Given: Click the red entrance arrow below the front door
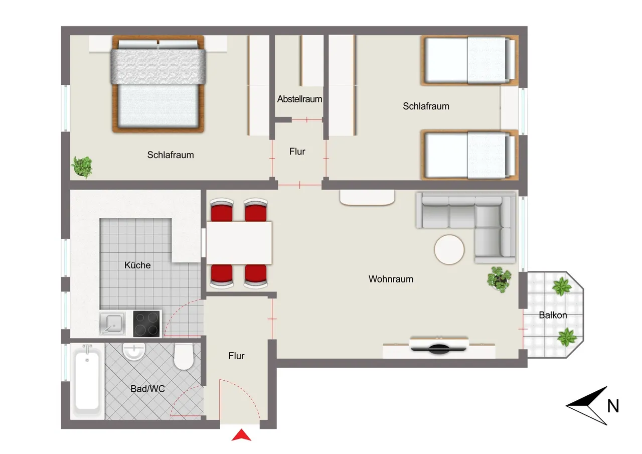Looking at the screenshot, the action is pos(241,435).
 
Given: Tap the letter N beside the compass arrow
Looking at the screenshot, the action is pos(613,406).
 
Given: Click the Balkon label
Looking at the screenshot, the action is pos(553,315).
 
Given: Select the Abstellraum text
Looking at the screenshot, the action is pos(299,99).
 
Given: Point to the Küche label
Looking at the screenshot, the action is pos(137,265).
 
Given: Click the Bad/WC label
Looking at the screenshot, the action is pos(147,389).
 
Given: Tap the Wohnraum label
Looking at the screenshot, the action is pos(391,279).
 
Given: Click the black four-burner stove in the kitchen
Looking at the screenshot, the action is pos(147,323).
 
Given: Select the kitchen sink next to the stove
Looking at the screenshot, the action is pos(112,323).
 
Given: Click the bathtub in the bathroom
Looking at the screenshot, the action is pos(87,381).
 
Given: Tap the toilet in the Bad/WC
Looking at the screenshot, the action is pos(184,357).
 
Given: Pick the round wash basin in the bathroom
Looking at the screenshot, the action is pos(134,351).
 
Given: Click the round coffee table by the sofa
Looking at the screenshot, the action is pos(449,250).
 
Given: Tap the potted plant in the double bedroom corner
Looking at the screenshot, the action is pos(83,167).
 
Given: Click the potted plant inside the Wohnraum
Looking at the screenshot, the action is pos(499,279).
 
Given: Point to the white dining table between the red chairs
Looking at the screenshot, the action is pos(239,243).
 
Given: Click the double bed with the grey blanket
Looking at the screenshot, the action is pos(158,84).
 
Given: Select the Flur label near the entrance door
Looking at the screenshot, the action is pos(236,356).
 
